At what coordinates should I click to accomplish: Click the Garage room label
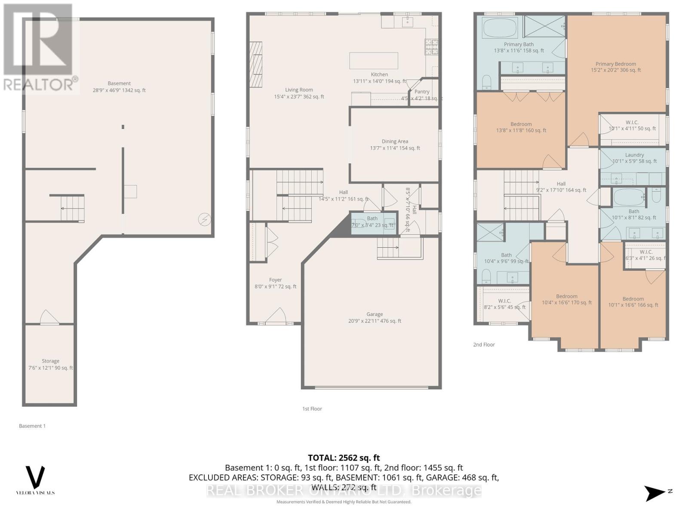pos(375,315)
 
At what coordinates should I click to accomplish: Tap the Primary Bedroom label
pos(615,64)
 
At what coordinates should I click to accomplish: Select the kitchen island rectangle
pos(373,61)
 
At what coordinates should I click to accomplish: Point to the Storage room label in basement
pos(50,361)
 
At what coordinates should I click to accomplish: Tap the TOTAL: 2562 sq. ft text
pos(344,458)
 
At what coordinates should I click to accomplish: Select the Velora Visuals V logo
pos(35,477)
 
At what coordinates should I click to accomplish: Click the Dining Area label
pos(395,141)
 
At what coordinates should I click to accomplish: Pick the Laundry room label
pos(634,155)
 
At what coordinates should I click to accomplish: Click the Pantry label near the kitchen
pos(422,92)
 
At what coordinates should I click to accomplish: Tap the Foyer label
pos(275,280)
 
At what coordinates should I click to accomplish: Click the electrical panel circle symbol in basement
pos(204,220)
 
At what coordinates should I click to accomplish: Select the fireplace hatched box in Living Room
pos(256,64)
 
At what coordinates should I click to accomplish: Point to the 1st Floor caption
pos(312,409)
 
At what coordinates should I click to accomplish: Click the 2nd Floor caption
pos(484,345)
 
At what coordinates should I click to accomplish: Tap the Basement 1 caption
pos(32,426)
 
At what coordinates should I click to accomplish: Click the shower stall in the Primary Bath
pos(544,27)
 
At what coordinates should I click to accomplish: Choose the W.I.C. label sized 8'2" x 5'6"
pos(504,301)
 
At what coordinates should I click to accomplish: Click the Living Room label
pos(299,90)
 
